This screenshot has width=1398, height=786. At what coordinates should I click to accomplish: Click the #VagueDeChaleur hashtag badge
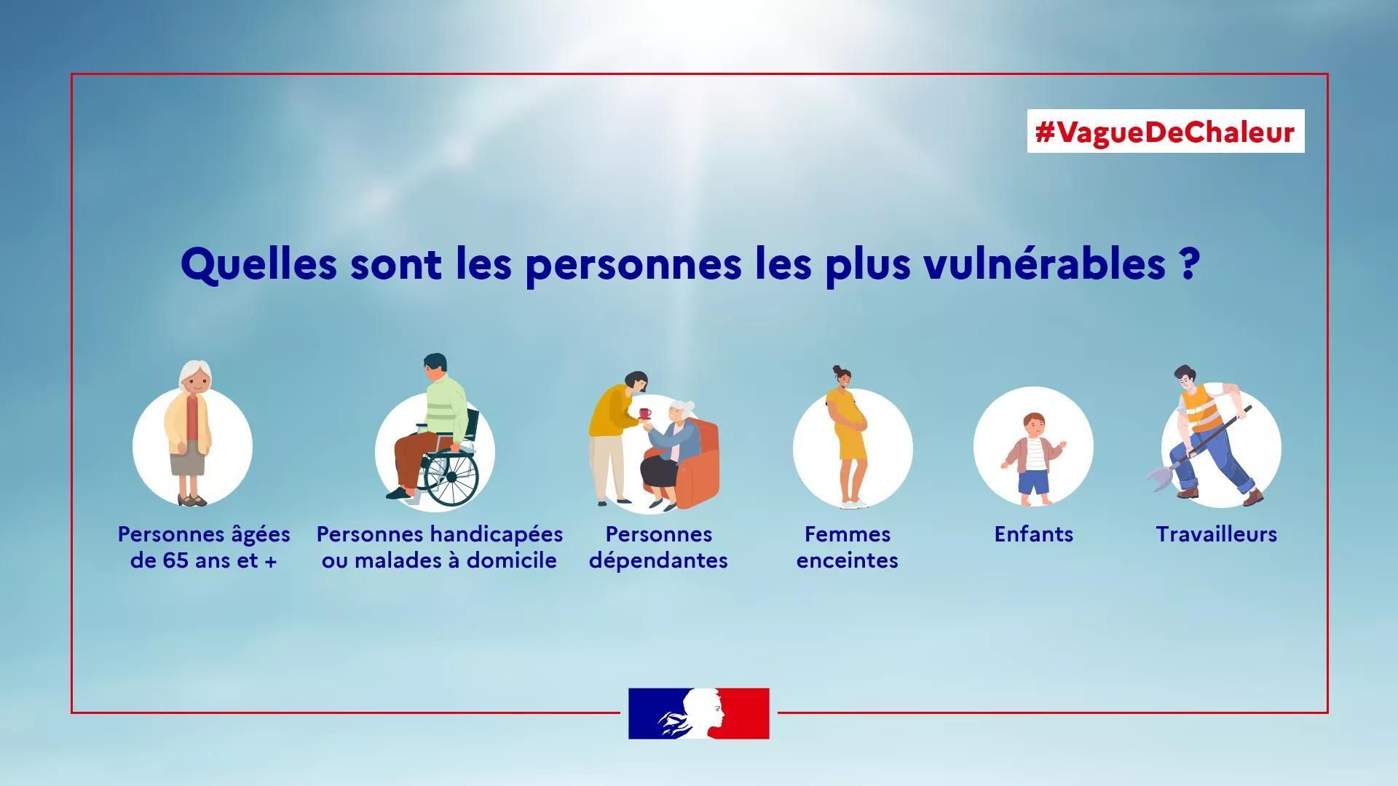pyautogui.click(x=1165, y=131)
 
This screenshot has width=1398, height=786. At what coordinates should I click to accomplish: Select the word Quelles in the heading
pyautogui.click(x=258, y=264)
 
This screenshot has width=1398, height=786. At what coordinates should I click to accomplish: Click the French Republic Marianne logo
pyautogui.click(x=699, y=713)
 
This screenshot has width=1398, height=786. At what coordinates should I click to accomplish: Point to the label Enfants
pyautogui.click(x=1034, y=534)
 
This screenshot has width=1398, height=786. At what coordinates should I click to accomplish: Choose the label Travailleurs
pyautogui.click(x=1217, y=534)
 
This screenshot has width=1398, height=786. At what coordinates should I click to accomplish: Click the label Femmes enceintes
pyautogui.click(x=848, y=547)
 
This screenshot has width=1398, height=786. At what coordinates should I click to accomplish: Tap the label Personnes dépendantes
pyautogui.click(x=658, y=547)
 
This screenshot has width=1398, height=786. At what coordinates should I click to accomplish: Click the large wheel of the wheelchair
pyautogui.click(x=451, y=477)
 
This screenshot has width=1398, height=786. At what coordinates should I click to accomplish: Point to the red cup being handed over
pyautogui.click(x=644, y=413)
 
